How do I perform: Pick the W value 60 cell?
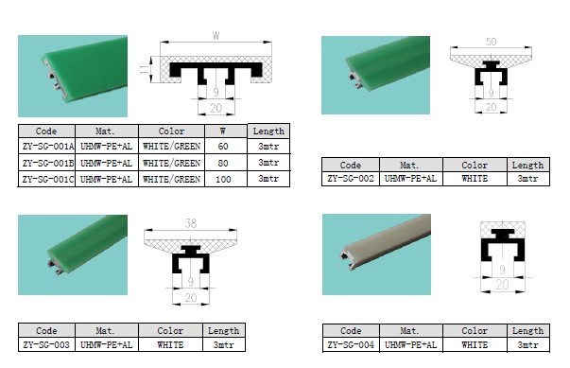(223, 148)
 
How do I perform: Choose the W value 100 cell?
(223, 179)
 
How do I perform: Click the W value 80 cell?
(223, 163)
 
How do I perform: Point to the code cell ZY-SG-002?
(351, 178)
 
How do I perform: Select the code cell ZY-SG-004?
(351, 346)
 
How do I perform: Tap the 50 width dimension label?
(491, 44)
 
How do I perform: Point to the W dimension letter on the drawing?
(216, 36)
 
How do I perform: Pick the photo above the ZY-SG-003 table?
(73, 248)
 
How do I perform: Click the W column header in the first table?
(223, 131)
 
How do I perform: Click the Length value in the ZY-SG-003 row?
(223, 346)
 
